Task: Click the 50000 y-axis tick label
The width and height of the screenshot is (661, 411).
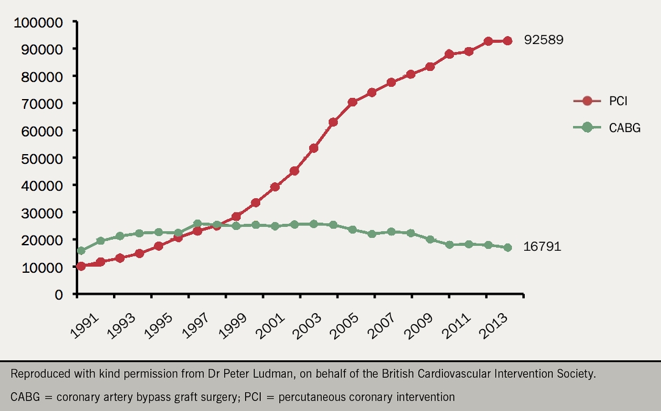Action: [41, 158]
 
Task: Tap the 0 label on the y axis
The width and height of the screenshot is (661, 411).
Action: [59, 294]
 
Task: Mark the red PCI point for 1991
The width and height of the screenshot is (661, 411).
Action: [81, 266]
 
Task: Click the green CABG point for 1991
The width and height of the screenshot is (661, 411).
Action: [81, 251]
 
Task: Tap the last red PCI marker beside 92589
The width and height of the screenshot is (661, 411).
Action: [507, 41]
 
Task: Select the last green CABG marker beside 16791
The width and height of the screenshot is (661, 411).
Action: [507, 248]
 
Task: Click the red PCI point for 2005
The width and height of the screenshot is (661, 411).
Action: [352, 102]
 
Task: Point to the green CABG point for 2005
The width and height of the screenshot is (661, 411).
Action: [352, 229]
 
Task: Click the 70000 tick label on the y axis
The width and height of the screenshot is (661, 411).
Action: [41, 104]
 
